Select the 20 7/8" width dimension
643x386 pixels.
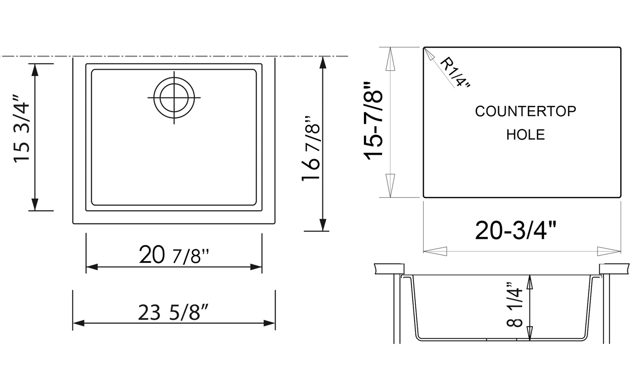174,256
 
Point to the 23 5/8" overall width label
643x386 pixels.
173,313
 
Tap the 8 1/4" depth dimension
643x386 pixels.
515,305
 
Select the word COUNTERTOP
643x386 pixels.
525,112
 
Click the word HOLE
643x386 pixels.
525,135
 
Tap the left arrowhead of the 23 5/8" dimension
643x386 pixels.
78,323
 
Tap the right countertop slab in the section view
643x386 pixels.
614,268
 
